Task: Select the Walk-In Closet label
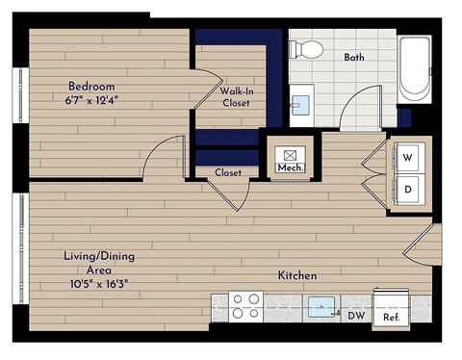click(236, 96)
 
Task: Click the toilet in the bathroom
click(307, 48)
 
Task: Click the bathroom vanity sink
click(300, 103)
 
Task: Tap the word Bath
click(355, 58)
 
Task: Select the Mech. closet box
click(290, 159)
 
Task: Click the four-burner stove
click(246, 306)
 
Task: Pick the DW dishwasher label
click(356, 316)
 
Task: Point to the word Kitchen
click(297, 276)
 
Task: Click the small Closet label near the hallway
click(228, 173)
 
